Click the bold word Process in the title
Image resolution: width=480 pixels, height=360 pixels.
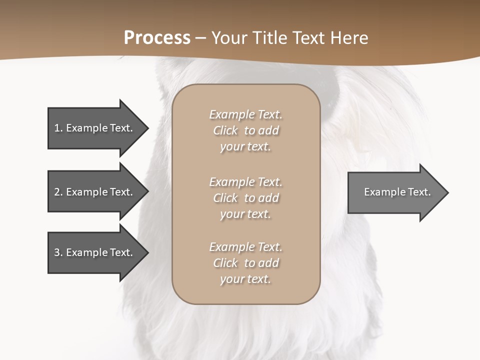pos(157,38)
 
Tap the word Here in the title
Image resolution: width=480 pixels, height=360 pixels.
pos(349,38)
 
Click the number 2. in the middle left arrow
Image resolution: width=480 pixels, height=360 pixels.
pos(58,192)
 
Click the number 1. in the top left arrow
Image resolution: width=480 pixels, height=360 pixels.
pos(58,128)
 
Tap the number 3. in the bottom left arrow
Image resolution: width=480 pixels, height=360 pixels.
pos(58,252)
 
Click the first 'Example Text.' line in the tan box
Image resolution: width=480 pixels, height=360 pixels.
pos(245,114)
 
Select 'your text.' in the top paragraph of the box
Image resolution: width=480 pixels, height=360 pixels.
pos(245,147)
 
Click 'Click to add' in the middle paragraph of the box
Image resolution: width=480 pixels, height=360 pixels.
pos(245,198)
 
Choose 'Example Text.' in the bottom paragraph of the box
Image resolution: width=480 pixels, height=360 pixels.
pos(245,247)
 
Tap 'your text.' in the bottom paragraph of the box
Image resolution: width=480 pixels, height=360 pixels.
pos(245,279)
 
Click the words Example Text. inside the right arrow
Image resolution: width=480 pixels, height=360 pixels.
pos(397,192)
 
